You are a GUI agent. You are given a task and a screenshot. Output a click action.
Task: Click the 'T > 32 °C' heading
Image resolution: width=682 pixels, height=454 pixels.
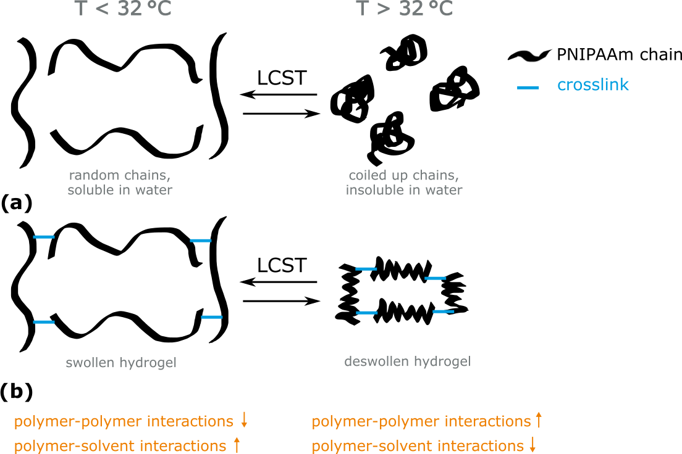405,10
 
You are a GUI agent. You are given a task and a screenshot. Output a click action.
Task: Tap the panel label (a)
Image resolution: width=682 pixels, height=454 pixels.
16,202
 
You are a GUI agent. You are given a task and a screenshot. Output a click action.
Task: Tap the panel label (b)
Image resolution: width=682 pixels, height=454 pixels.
16,391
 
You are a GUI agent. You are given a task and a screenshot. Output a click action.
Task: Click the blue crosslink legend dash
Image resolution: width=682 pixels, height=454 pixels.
528,88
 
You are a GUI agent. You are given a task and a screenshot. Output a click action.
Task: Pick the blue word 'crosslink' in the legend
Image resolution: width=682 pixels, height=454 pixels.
592,85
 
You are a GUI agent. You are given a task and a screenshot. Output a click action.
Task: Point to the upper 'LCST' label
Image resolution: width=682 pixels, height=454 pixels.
282,78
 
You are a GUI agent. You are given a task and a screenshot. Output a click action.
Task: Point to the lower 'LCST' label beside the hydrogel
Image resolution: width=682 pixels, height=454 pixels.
282,266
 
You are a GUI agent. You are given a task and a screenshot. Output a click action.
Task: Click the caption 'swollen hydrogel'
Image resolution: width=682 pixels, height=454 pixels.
121,363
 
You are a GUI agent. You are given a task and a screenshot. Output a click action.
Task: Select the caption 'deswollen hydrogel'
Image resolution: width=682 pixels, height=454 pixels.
408,361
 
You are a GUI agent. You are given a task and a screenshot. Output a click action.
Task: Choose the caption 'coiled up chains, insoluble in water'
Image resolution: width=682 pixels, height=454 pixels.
404,183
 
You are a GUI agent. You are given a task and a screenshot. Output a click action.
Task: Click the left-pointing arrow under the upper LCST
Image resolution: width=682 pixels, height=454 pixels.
279,95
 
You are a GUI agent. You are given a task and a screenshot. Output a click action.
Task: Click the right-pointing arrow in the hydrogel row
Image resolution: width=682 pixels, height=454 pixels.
282,301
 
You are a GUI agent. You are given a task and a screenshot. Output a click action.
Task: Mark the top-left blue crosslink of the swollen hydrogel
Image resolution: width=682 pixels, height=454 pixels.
44,237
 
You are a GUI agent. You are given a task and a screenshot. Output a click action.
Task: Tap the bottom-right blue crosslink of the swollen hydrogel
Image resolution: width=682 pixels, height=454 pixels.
211,317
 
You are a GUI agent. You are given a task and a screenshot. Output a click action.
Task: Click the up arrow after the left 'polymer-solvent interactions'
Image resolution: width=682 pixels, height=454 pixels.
237,445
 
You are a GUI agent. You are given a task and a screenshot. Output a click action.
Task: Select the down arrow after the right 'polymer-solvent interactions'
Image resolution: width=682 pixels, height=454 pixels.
534,445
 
